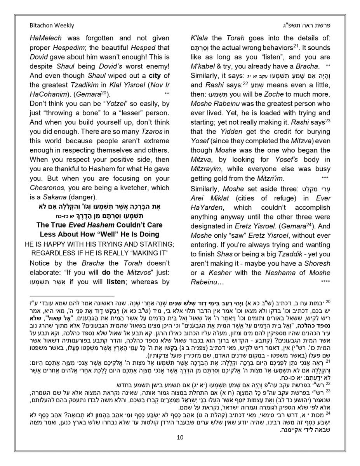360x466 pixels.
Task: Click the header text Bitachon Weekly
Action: [x=52, y=26]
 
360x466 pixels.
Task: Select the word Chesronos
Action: [x=48, y=188]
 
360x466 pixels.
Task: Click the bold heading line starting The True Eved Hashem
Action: [x=99, y=225]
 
